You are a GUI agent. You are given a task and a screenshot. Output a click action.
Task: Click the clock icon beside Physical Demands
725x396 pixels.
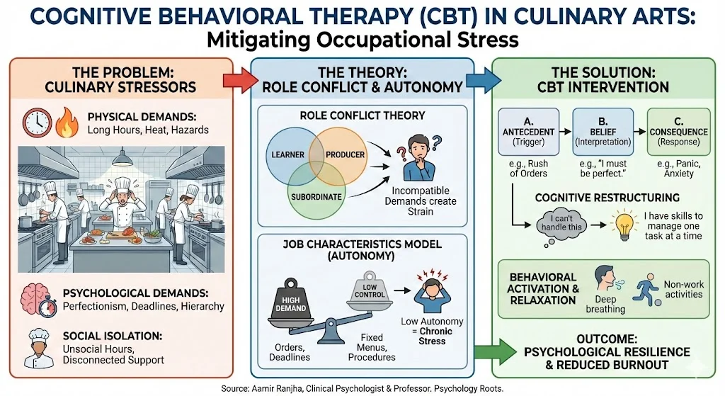coord(38,123)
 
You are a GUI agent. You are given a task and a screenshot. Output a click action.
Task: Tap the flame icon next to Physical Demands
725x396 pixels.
coord(67,123)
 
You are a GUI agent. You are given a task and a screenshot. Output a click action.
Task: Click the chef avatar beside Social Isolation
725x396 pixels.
coord(39,348)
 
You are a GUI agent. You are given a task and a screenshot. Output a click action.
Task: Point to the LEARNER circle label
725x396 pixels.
coord(287,154)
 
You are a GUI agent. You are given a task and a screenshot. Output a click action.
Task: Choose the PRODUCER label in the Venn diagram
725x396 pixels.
coord(345,154)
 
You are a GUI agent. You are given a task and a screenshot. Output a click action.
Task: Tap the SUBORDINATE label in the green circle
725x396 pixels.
coord(316,197)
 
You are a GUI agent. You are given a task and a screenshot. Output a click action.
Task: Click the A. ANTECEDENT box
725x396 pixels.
coord(528,131)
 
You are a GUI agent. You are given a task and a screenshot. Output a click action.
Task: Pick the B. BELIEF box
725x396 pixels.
coord(603,131)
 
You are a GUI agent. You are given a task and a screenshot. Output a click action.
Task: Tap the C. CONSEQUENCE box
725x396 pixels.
coord(678,131)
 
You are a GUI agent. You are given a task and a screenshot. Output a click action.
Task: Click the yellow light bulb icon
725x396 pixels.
coord(624,225)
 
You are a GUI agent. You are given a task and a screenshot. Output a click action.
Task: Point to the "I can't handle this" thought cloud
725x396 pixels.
coord(561,225)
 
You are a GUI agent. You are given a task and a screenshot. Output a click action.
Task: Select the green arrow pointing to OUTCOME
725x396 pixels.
coord(495,352)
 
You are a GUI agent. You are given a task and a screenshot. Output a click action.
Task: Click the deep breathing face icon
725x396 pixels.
coord(607,279)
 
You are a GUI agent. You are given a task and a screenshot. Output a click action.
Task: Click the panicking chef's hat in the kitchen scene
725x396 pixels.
coord(123,184)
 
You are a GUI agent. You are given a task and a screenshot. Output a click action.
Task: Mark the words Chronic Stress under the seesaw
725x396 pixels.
coord(433,336)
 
